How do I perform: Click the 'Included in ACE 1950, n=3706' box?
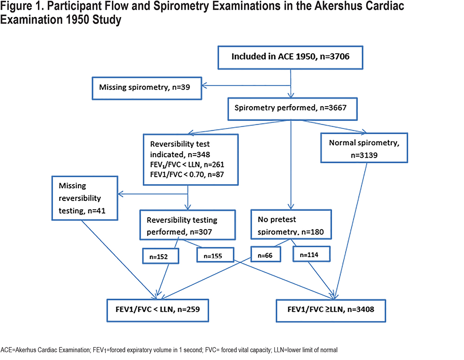290,58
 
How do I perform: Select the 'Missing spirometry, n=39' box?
147,89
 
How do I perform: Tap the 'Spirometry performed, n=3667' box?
292,109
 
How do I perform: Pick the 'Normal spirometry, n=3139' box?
364,148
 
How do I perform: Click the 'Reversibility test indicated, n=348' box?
191,160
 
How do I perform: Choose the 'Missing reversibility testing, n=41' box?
84,198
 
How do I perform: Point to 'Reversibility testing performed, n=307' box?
187,225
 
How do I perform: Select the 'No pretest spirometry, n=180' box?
291,224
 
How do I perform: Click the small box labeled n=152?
161,256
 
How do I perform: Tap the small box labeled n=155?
215,255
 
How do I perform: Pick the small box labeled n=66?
265,254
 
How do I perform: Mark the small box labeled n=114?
311,254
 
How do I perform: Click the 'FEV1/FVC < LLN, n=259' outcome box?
158,310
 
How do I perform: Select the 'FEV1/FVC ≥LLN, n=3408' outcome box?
331,311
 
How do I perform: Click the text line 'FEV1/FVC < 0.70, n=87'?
187,174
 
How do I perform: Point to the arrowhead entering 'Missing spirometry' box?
204,86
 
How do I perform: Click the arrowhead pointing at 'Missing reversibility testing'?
121,194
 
